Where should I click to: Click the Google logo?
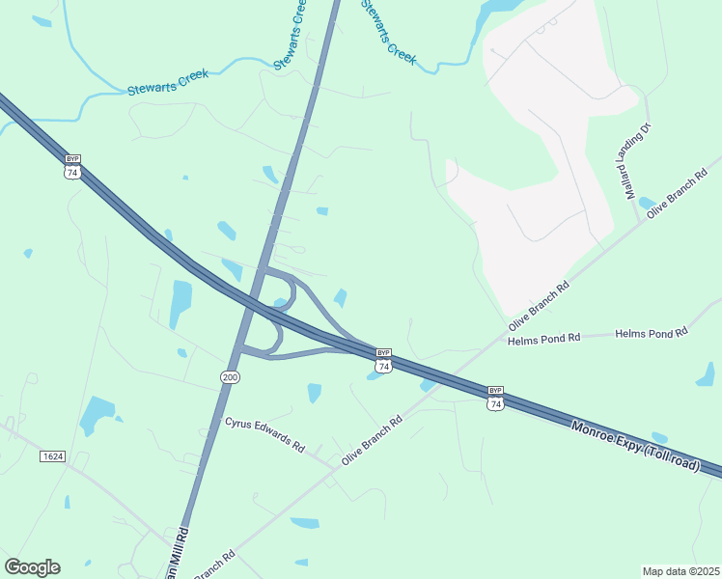[x=32, y=567]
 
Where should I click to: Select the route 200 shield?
[x=229, y=375]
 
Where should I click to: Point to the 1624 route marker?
[x=52, y=455]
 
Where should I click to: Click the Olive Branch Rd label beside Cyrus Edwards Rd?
[x=371, y=442]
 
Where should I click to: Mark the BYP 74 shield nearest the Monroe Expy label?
[x=495, y=398]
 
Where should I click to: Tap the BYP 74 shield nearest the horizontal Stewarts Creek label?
[x=71, y=166]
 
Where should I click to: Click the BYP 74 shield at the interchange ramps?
[x=383, y=360]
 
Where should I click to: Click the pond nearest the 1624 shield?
[x=97, y=415]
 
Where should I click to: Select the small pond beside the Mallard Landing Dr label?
[x=647, y=203]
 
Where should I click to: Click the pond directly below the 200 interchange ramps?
[x=315, y=392]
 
